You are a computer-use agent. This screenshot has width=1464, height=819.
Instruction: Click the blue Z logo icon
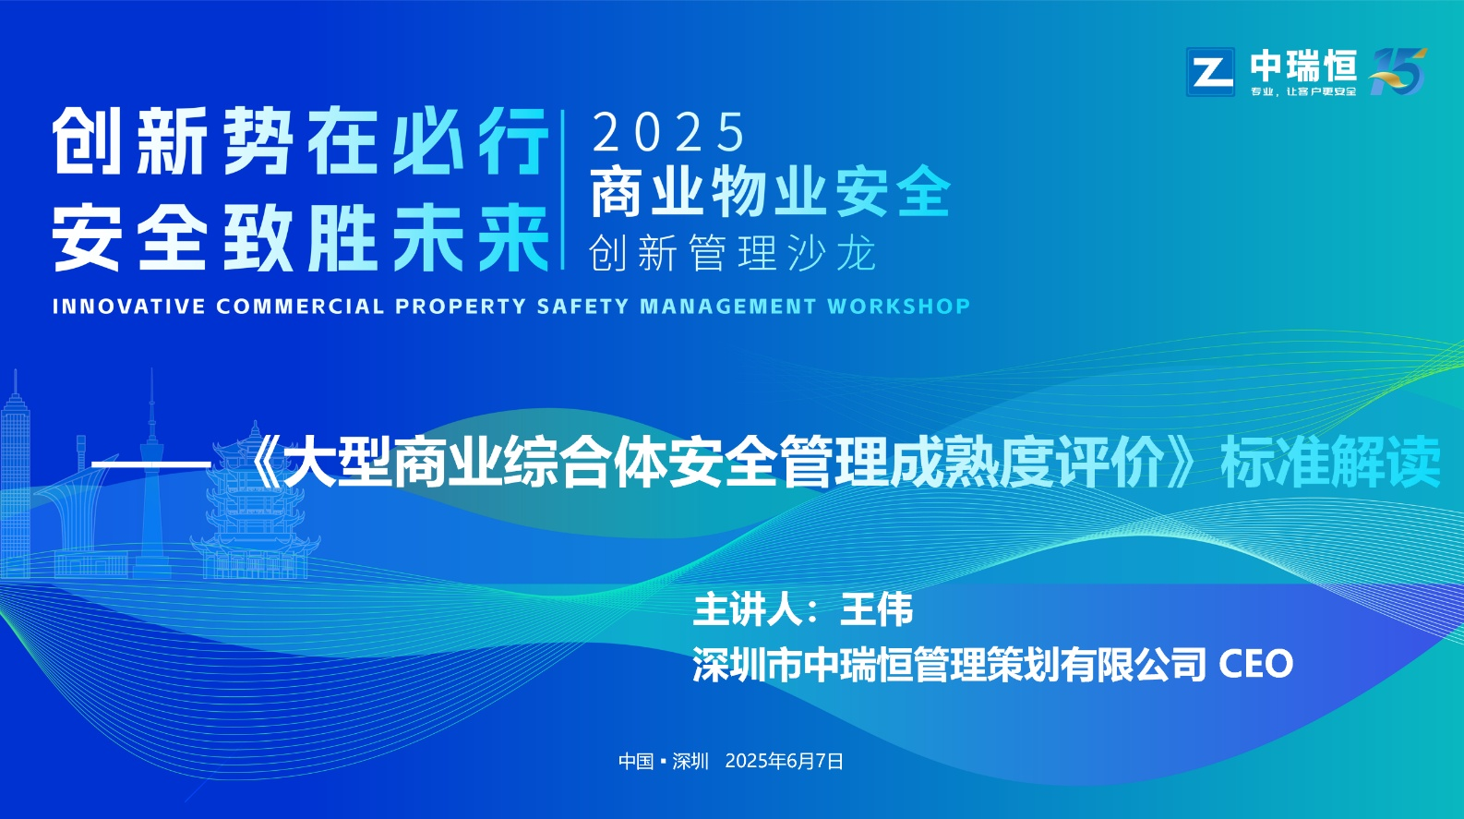pos(1210,72)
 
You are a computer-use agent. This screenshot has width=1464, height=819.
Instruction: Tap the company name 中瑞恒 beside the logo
pos(1304,66)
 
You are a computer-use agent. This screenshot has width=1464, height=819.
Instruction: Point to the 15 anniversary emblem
pos(1398,71)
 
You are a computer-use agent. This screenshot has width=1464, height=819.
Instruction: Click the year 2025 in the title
pos(668,132)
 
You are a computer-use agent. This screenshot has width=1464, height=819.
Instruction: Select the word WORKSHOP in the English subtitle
pos(898,306)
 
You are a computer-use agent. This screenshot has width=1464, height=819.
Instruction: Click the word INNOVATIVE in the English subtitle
pos(128,306)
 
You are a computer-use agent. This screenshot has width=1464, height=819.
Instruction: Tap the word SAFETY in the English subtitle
pos(582,306)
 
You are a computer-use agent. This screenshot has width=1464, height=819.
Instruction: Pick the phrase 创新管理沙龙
pos(732,253)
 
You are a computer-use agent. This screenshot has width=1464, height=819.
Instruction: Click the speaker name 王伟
pos(876,609)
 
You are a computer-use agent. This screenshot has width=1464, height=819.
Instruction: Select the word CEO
pos(1256,664)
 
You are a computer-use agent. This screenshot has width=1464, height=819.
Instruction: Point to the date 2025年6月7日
pos(785,761)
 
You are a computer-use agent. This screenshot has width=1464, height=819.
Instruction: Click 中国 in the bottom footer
pos(636,761)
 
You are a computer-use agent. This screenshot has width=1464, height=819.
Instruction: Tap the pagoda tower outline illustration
pos(255,503)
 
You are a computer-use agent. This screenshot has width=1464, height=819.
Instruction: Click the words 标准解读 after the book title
pos(1331,462)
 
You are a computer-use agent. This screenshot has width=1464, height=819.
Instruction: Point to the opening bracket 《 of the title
pos(265,462)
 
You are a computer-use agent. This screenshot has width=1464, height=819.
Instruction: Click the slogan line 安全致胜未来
pos(301,236)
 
